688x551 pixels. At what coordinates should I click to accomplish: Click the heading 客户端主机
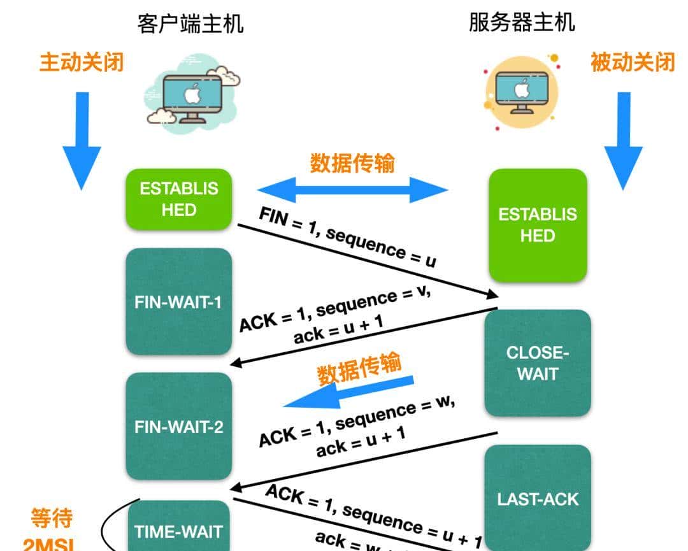[190, 24]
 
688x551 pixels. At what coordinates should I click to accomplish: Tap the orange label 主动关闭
[82, 62]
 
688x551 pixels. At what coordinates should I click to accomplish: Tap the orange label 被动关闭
[632, 62]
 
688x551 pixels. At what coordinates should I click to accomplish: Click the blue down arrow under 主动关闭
[82, 140]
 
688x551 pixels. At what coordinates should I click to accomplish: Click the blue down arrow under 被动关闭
[623, 140]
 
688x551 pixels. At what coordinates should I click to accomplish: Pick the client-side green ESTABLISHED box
[179, 199]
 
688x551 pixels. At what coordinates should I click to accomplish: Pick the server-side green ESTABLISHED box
[538, 225]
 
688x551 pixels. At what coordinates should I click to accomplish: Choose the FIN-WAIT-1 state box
[178, 301]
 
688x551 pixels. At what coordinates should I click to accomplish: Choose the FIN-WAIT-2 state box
[178, 426]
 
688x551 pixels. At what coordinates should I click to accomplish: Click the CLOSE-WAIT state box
[538, 363]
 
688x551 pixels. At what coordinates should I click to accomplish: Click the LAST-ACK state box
[538, 497]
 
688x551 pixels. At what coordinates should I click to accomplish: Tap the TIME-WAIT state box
[178, 530]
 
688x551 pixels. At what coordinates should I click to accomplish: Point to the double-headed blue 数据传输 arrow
[352, 189]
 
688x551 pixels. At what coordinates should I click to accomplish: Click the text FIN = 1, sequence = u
[347, 238]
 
